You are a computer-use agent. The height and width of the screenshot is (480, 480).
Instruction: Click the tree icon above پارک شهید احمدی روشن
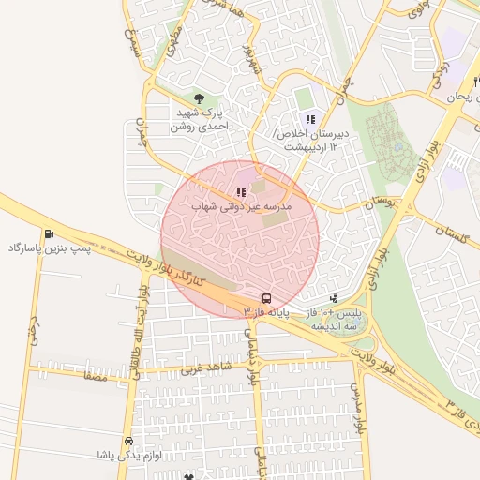pos(198,97)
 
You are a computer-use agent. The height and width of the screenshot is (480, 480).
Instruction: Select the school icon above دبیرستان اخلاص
pos(310,119)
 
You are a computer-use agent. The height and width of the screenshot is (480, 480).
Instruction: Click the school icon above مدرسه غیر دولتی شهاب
pos(242,192)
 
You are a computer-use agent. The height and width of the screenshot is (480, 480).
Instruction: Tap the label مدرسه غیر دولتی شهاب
pos(242,204)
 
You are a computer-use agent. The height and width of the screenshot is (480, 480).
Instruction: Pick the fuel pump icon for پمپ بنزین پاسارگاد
pos(48,233)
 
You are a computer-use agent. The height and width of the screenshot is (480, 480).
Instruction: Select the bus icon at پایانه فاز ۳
pos(267,296)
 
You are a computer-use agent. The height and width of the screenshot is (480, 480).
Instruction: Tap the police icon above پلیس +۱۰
pos(335,298)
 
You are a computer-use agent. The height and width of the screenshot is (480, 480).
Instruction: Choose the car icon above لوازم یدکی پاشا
pos(128,441)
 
